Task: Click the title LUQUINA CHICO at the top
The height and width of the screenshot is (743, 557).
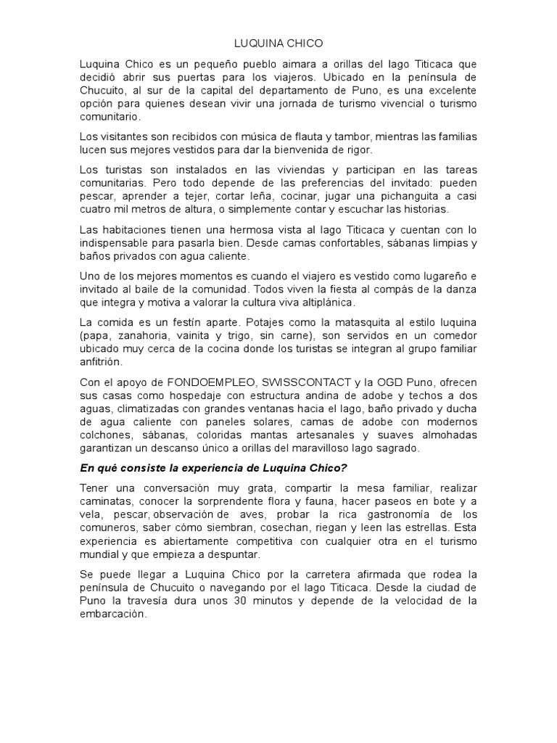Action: coord(278,44)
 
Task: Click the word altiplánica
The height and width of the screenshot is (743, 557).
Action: coord(319,302)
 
